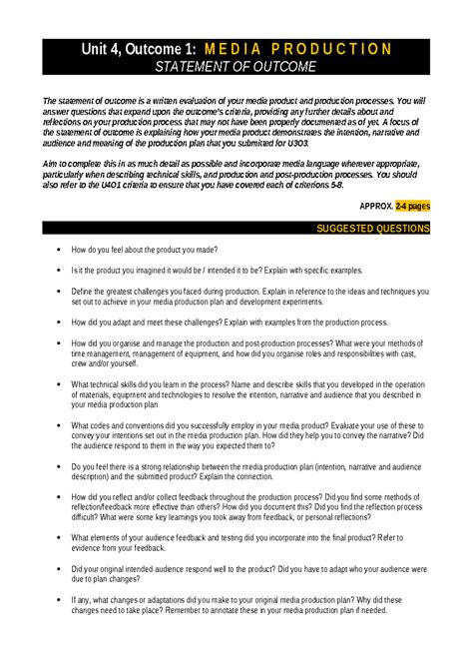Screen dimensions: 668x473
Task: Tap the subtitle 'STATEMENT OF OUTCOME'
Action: point(236,67)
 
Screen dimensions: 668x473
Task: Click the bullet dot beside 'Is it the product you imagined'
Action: point(60,271)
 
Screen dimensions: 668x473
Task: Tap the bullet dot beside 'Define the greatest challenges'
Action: point(60,292)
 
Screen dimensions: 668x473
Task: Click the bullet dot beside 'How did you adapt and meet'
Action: point(60,323)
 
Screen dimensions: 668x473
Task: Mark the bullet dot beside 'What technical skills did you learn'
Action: point(60,384)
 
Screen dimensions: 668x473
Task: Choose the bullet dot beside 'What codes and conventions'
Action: point(60,425)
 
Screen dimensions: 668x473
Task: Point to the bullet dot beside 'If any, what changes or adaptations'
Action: point(60,600)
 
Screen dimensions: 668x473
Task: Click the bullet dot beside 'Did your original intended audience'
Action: point(60,569)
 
